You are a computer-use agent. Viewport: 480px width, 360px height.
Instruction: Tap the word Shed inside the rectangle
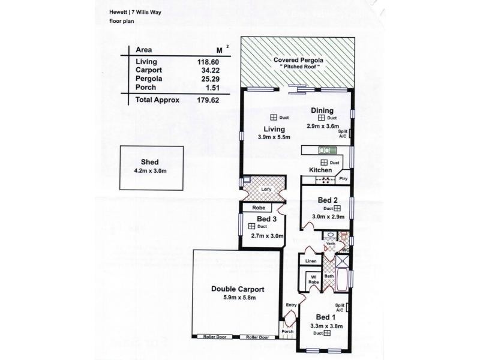tap(149, 163)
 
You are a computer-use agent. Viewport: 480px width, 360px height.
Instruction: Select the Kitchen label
tap(320, 170)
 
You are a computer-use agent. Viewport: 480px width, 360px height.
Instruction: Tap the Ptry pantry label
tap(343, 178)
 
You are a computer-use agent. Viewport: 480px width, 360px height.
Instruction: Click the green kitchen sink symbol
tap(325, 150)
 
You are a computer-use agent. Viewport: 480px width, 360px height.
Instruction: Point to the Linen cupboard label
tap(311, 262)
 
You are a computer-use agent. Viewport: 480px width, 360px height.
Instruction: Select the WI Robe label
tap(313, 279)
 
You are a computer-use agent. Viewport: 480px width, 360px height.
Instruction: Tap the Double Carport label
tap(238, 289)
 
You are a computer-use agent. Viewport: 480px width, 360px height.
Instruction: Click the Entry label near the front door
tap(292, 305)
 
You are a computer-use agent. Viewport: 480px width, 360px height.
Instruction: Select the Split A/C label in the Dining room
tap(343, 133)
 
